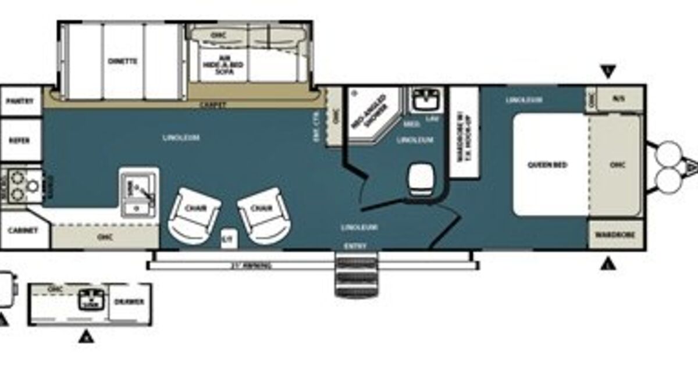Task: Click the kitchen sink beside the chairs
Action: coord(138,192)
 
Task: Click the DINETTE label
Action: coord(122,61)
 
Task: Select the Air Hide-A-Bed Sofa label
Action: coord(217,60)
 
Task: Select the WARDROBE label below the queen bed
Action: coord(615,235)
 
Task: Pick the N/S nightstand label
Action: coord(618,98)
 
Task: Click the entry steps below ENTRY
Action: coord(356,277)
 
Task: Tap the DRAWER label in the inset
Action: coord(130,301)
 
